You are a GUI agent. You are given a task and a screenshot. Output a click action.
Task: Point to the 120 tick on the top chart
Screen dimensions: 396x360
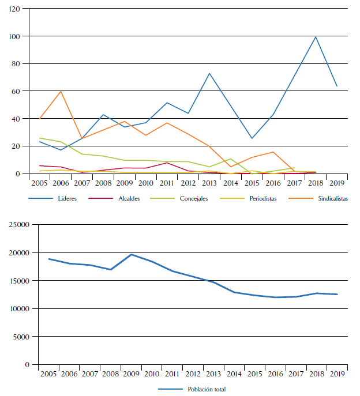(x=14, y=9)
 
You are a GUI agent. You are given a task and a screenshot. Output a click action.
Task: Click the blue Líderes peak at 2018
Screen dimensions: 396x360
(x=316, y=37)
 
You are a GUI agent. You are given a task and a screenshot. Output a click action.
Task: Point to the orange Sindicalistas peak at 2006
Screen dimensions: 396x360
(x=61, y=91)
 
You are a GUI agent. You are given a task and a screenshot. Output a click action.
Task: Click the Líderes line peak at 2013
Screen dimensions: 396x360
(x=209, y=73)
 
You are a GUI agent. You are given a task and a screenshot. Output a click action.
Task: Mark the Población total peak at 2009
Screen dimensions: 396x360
(x=132, y=254)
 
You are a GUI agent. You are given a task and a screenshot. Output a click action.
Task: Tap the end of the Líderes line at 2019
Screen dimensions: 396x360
(x=337, y=86)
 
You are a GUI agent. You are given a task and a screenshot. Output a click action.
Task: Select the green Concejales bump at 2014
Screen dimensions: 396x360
(x=231, y=159)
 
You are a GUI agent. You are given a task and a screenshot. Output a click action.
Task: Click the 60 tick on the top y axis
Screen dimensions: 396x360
(x=17, y=91)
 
